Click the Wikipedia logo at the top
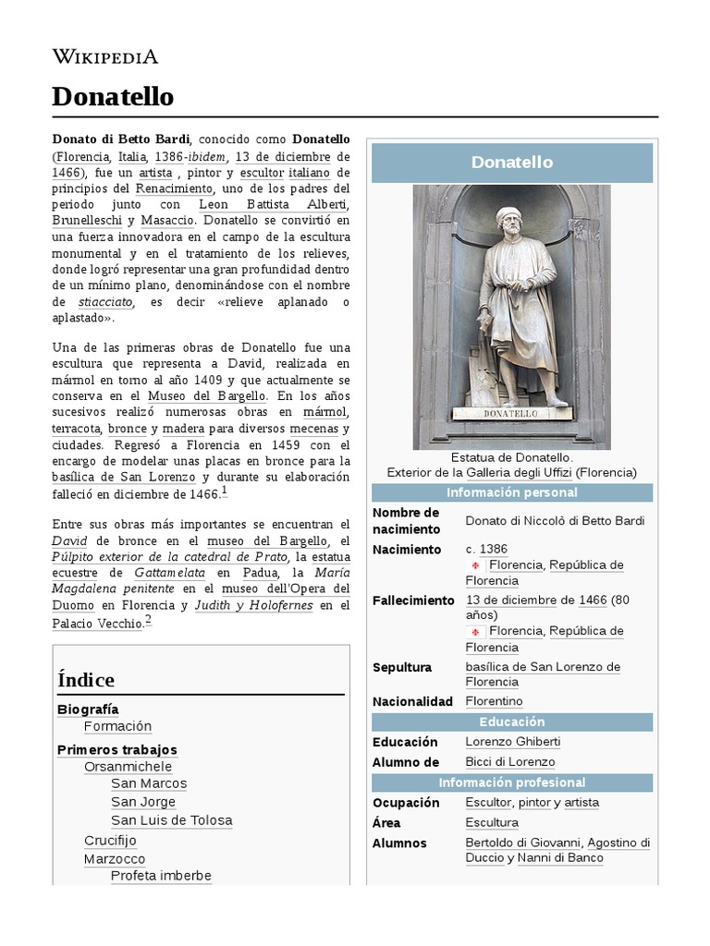click(x=104, y=56)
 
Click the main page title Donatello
click(x=112, y=96)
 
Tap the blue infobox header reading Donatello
click(x=511, y=163)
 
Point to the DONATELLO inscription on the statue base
click(x=511, y=414)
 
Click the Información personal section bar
click(x=511, y=492)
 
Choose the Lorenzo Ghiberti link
click(x=513, y=742)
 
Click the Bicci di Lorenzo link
click(x=510, y=762)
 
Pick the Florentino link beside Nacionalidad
click(x=494, y=701)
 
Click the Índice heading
click(x=86, y=680)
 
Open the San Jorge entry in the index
click(x=143, y=802)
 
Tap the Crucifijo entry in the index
click(x=110, y=841)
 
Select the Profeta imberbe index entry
click(x=161, y=876)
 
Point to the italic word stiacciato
click(x=106, y=301)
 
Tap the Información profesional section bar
click(x=511, y=782)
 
